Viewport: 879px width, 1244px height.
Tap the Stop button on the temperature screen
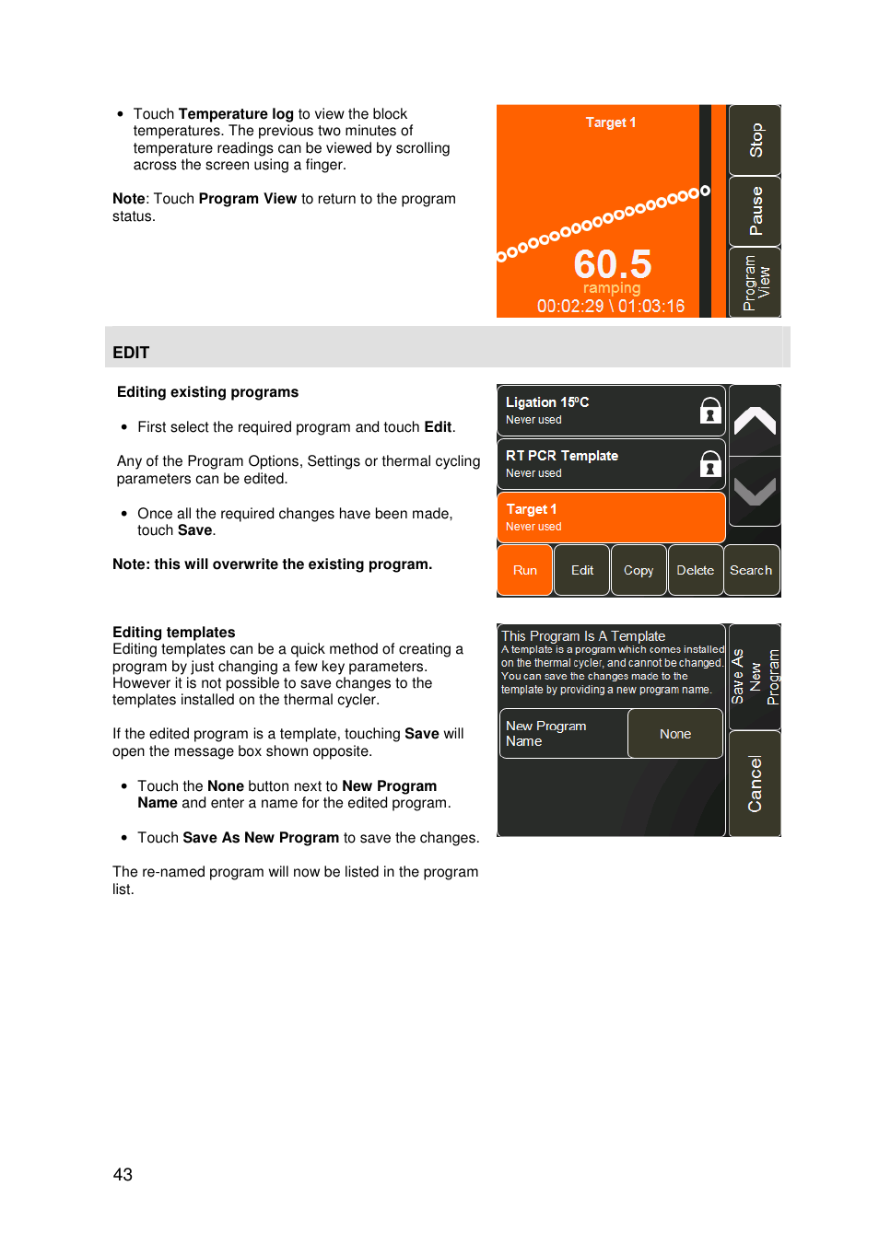tap(755, 140)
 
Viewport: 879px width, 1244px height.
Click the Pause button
tap(755, 211)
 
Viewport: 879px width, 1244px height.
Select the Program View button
tap(755, 282)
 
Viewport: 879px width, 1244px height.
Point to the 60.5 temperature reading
tap(612, 264)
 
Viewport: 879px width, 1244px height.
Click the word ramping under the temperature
tap(611, 288)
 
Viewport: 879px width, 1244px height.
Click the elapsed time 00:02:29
tap(570, 306)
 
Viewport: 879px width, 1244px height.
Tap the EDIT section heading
tap(131, 353)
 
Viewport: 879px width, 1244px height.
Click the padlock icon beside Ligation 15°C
tap(709, 411)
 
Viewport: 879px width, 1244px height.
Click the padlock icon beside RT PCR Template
tap(709, 464)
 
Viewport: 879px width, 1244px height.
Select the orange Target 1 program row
tap(610, 517)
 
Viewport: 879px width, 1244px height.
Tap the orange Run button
tap(524, 570)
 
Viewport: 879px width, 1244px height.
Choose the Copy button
tap(638, 570)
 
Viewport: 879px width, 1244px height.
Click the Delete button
tap(695, 570)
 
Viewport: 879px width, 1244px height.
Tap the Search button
tap(751, 570)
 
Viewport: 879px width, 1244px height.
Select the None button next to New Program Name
tap(674, 734)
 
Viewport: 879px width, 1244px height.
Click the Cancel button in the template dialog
tap(755, 784)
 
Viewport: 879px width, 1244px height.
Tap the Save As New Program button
tap(755, 677)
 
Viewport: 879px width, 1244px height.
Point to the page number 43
tap(123, 1174)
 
